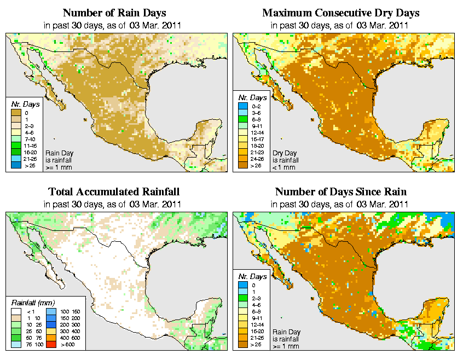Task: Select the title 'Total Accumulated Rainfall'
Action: pyautogui.click(x=114, y=192)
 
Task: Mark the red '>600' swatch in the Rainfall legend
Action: pyautogui.click(x=50, y=345)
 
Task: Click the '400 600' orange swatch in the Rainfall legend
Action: pyautogui.click(x=50, y=338)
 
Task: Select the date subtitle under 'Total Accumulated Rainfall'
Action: pyautogui.click(x=114, y=204)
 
